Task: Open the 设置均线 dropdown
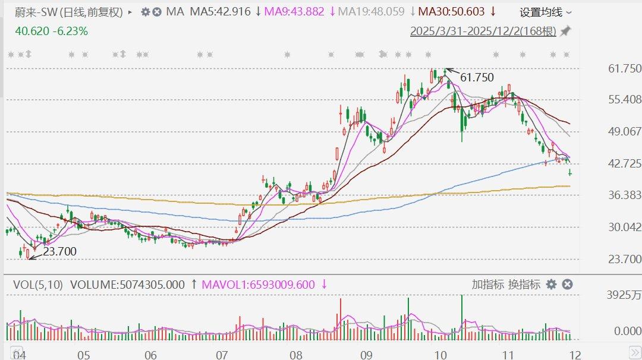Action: tap(546, 12)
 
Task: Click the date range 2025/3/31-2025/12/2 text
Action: tap(483, 31)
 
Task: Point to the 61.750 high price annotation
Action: tap(477, 77)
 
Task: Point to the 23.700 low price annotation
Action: tap(59, 251)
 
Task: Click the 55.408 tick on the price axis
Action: tap(625, 99)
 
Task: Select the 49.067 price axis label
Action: tap(625, 131)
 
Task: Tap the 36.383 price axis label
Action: tap(625, 195)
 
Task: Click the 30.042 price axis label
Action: tap(625, 227)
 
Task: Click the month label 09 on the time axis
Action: tap(366, 355)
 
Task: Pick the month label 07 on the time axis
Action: tap(222, 355)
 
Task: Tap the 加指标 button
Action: tap(488, 285)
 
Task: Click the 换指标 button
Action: tap(524, 285)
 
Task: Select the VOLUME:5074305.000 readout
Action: tap(128, 285)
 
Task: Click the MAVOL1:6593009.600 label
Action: tap(259, 285)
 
